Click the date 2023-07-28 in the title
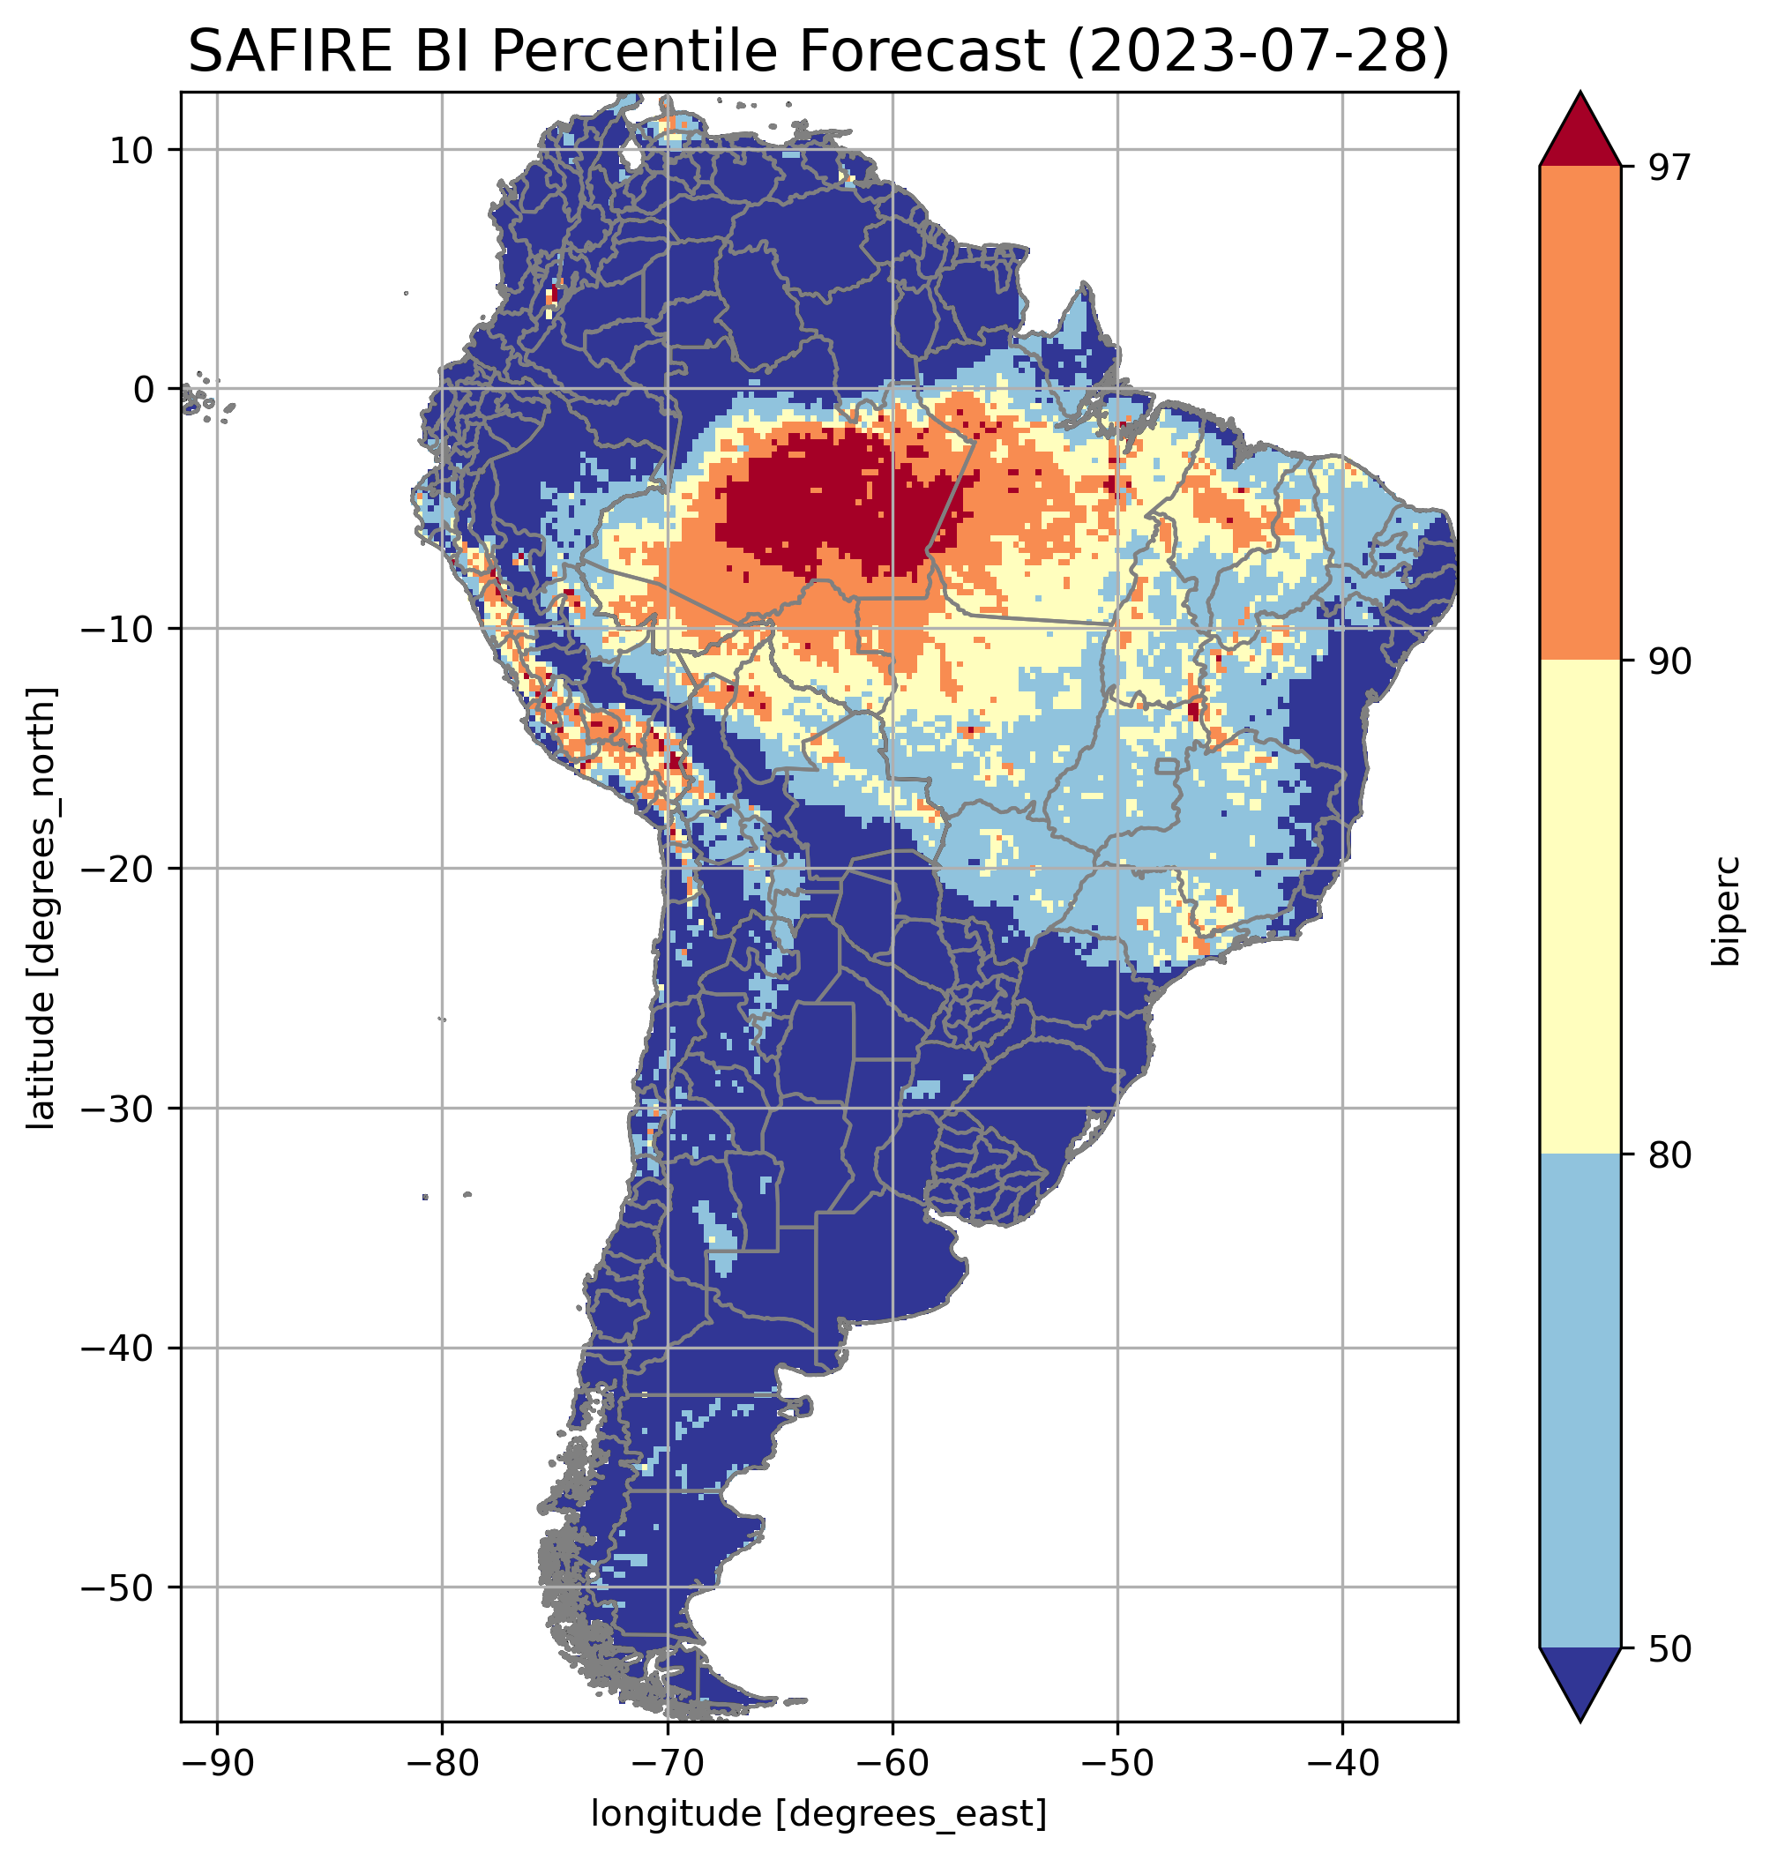[x=1256, y=52]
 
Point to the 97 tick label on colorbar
[x=1670, y=167]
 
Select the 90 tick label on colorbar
[x=1670, y=661]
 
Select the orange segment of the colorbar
[x=1580, y=414]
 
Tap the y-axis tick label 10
[x=133, y=150]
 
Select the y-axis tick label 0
[x=144, y=390]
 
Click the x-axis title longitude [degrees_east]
[x=818, y=1814]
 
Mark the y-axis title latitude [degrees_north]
[x=41, y=908]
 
